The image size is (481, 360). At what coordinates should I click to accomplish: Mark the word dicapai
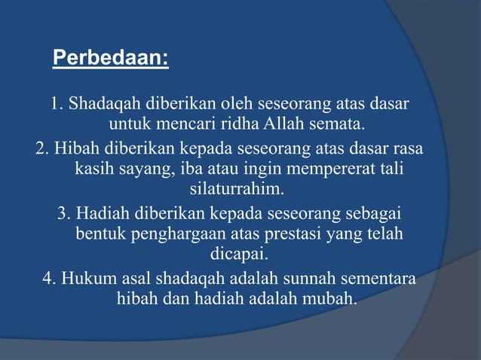coord(240,254)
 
